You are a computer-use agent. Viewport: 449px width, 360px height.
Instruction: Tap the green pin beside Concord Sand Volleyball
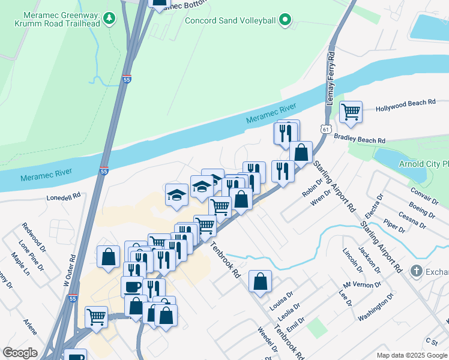tap(286, 20)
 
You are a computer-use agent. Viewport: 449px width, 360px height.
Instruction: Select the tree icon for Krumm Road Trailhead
tap(109, 19)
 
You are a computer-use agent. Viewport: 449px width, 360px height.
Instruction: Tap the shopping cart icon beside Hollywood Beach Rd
tap(351, 111)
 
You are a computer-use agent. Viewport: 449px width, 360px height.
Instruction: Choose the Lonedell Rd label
tap(64, 196)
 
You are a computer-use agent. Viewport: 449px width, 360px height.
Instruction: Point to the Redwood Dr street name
tap(34, 235)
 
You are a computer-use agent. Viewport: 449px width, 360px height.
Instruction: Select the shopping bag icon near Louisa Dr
tap(260, 280)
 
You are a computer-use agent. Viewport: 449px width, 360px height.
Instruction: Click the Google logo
tap(20, 352)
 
